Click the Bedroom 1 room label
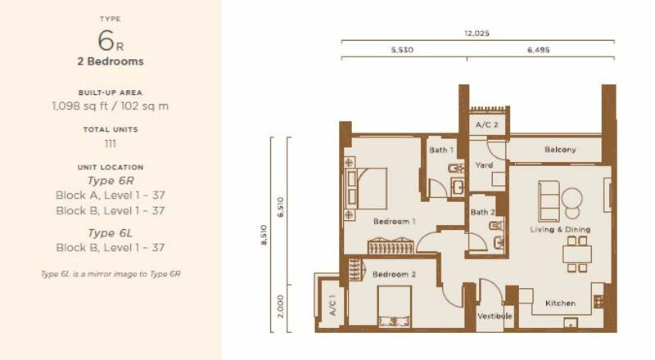click(x=395, y=222)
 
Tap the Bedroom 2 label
click(x=394, y=274)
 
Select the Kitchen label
click(x=560, y=304)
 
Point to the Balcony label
click(x=560, y=150)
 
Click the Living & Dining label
click(x=560, y=229)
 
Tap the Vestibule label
click(x=495, y=316)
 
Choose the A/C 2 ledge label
click(x=486, y=124)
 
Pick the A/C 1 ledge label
click(x=332, y=305)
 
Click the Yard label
click(x=484, y=165)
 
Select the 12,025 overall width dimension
click(x=477, y=33)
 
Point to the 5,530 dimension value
click(x=402, y=50)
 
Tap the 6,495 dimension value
click(x=539, y=50)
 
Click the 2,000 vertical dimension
click(x=280, y=306)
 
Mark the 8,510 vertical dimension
click(x=264, y=235)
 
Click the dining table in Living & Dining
click(x=577, y=254)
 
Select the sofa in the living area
click(x=548, y=201)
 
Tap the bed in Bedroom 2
click(x=395, y=307)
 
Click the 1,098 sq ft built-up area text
click(x=79, y=106)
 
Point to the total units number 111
click(x=111, y=144)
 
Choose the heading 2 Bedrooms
click(x=111, y=61)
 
